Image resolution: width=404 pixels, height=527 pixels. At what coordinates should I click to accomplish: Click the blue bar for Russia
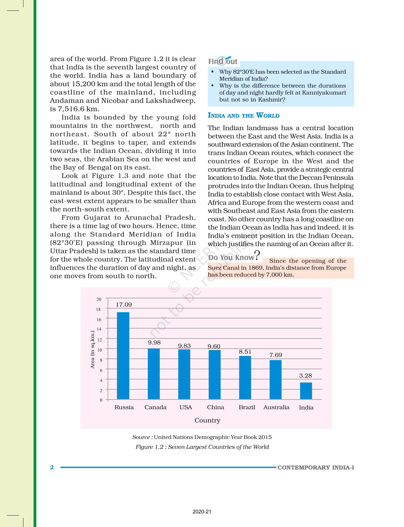(x=123, y=356)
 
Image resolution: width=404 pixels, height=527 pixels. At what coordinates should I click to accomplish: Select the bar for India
(x=306, y=391)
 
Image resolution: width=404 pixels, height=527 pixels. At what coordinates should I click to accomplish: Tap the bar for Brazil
(x=245, y=377)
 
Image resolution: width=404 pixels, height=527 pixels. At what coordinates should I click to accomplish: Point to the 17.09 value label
(x=124, y=305)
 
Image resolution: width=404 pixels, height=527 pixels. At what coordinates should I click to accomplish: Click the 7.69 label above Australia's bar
(x=276, y=355)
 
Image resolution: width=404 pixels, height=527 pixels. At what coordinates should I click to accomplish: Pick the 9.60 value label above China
(x=214, y=346)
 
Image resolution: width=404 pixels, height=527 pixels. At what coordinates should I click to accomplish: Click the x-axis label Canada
(x=156, y=407)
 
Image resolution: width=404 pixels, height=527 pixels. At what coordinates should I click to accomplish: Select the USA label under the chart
(x=186, y=407)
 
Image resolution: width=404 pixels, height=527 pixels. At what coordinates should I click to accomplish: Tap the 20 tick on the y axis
(x=99, y=299)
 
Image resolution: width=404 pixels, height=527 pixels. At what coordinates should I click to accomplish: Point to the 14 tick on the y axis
(x=99, y=329)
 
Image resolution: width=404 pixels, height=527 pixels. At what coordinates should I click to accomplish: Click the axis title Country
(x=207, y=420)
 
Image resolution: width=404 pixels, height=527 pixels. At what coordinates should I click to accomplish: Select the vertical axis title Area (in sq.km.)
(x=92, y=350)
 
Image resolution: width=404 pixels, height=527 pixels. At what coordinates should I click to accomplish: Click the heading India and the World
(x=244, y=116)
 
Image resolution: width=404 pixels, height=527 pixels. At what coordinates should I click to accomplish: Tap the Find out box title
(x=223, y=61)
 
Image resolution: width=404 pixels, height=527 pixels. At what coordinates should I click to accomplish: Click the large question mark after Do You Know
(x=257, y=255)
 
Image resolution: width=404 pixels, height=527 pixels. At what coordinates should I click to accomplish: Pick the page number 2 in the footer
(x=52, y=467)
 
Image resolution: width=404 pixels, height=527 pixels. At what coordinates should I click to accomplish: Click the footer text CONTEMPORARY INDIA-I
(x=316, y=467)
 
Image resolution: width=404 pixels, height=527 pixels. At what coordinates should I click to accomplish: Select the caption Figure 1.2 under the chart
(x=202, y=447)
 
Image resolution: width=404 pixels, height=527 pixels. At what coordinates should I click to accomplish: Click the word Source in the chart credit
(x=141, y=437)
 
